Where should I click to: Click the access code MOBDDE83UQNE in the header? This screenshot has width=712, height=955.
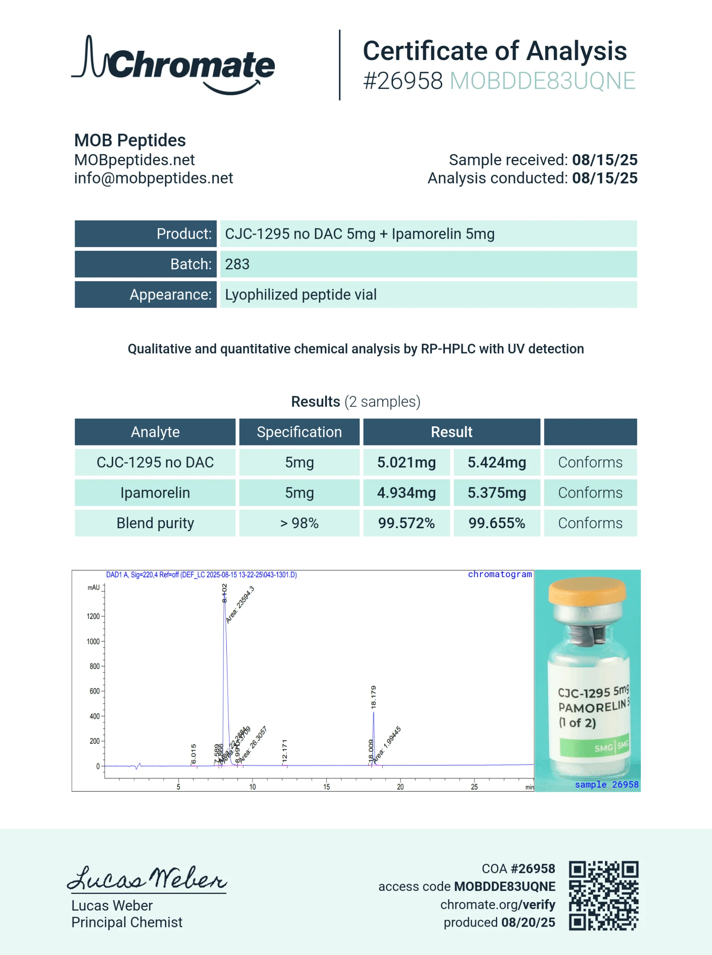pos(542,81)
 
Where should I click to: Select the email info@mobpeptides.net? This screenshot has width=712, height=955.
pos(153,178)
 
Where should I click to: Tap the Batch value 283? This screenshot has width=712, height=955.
pos(237,264)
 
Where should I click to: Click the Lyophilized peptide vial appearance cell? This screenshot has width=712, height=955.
pos(300,295)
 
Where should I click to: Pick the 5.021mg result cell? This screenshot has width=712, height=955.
pos(407,463)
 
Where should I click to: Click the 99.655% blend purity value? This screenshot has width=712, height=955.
pos(496,523)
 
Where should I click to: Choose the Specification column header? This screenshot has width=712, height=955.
pos(299,432)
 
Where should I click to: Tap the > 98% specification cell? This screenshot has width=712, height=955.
pos(299,523)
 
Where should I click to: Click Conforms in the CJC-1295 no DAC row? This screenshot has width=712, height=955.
pos(590,463)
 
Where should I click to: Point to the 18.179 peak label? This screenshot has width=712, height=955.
pos(373,697)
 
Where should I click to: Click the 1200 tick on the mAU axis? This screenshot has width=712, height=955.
pos(94,616)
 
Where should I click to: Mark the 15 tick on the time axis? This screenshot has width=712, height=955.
pos(326,787)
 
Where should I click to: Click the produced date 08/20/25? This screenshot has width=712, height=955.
pos(528,922)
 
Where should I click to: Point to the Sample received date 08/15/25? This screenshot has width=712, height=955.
pos(604,160)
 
